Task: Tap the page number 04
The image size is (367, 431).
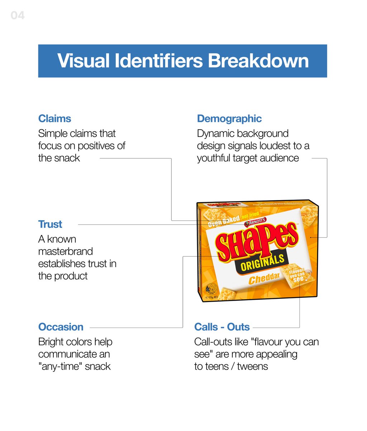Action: [x=18, y=15]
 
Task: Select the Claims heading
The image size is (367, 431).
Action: [x=54, y=119]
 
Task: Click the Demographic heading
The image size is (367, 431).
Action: [x=229, y=119]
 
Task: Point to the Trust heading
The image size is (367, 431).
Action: [x=50, y=224]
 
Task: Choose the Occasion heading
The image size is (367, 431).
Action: [x=61, y=327]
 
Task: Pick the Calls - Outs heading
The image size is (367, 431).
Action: [x=222, y=327]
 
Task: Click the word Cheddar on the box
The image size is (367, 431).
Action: [x=264, y=278]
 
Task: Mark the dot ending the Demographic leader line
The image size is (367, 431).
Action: [x=310, y=237]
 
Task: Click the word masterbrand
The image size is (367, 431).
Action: [x=66, y=251]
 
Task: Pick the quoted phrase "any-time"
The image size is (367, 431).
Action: [x=60, y=366]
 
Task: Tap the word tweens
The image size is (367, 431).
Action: [x=253, y=366]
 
